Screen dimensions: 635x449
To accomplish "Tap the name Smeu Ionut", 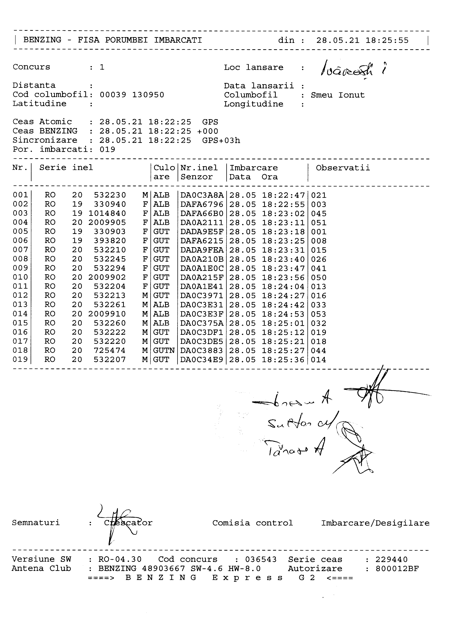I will [338, 95].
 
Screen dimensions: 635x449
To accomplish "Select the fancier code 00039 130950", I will [132, 95].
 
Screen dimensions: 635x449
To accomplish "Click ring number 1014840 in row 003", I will [107, 213].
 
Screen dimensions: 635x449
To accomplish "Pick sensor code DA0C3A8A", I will [202, 195].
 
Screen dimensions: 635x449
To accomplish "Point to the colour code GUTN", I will [164, 351].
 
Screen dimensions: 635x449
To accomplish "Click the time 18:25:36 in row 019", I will [283, 360].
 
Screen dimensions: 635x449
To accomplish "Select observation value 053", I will [319, 314].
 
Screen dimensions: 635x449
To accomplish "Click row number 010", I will [20, 277].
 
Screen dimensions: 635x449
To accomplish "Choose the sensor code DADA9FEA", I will [202, 250].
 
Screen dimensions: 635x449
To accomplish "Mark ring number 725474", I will [110, 351].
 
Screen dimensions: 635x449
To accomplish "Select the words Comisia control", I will [252, 523].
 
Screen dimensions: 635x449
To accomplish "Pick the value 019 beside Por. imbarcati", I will [107, 150].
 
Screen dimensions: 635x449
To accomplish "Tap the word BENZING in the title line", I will [42, 40].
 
